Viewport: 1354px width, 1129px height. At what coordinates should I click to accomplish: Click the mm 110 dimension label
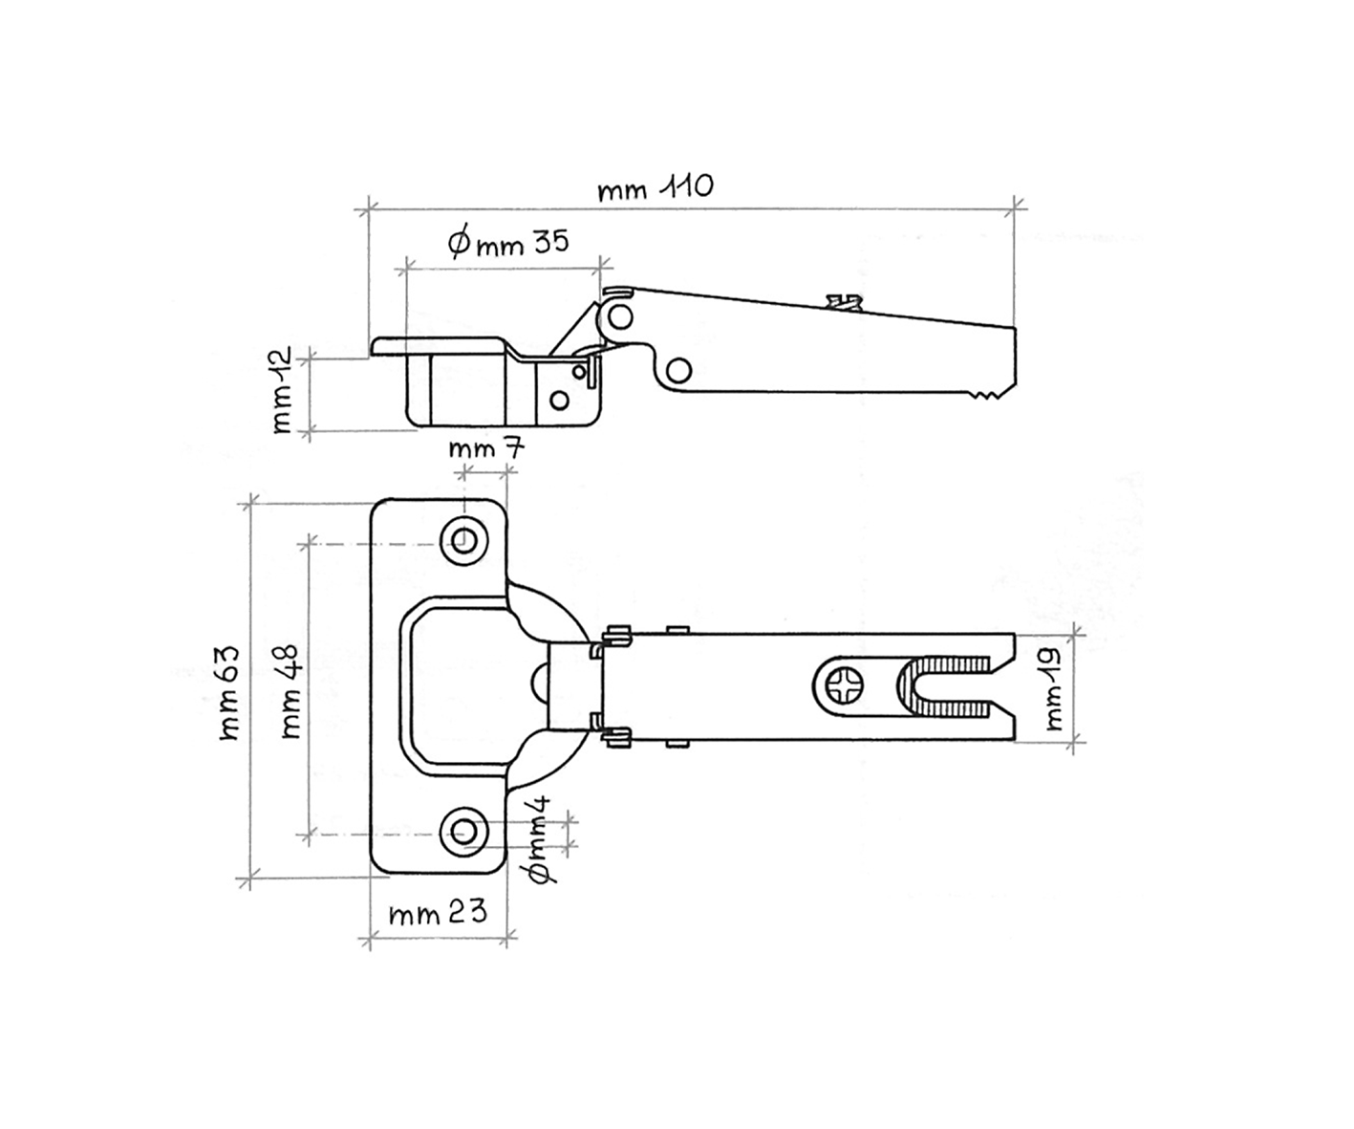pyautogui.click(x=655, y=187)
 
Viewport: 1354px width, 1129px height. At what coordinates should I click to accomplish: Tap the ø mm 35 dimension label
pyautogui.click(x=507, y=241)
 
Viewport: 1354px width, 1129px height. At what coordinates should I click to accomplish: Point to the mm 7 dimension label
pyautogui.click(x=485, y=448)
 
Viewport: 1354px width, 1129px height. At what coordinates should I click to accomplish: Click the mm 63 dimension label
pyautogui.click(x=229, y=693)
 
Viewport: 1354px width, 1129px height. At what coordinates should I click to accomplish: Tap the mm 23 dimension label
pyautogui.click(x=438, y=912)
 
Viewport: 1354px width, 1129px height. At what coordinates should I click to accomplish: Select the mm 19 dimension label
pyautogui.click(x=1054, y=689)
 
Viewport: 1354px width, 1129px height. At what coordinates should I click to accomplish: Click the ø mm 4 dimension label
pyautogui.click(x=540, y=839)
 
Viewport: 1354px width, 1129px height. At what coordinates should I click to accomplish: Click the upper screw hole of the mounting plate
pyautogui.click(x=463, y=540)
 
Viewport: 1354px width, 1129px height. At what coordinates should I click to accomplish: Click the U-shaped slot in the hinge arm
pyautogui.click(x=943, y=687)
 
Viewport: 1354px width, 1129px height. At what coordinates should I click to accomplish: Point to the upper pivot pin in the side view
pyautogui.click(x=620, y=317)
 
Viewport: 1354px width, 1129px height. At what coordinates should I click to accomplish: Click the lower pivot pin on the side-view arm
pyautogui.click(x=679, y=371)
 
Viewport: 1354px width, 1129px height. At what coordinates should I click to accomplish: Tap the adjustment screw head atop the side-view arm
pyautogui.click(x=844, y=302)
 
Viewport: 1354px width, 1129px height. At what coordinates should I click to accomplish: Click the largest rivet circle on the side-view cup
pyautogui.click(x=559, y=400)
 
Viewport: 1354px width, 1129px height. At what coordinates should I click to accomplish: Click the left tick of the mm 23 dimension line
pyautogui.click(x=369, y=938)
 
